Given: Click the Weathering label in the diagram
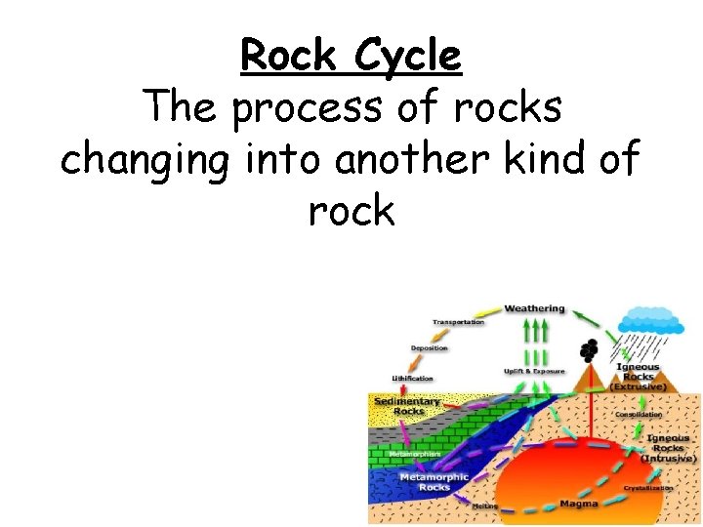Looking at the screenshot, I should point(534,308).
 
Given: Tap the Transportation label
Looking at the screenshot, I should point(459,322).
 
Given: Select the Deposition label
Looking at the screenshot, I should point(429,348).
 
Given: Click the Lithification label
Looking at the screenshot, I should point(412,378).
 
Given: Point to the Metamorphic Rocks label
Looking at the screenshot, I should point(434,481).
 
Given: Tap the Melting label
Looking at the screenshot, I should point(485,507).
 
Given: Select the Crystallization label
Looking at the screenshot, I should point(649,487).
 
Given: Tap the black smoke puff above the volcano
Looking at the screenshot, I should point(588,349).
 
